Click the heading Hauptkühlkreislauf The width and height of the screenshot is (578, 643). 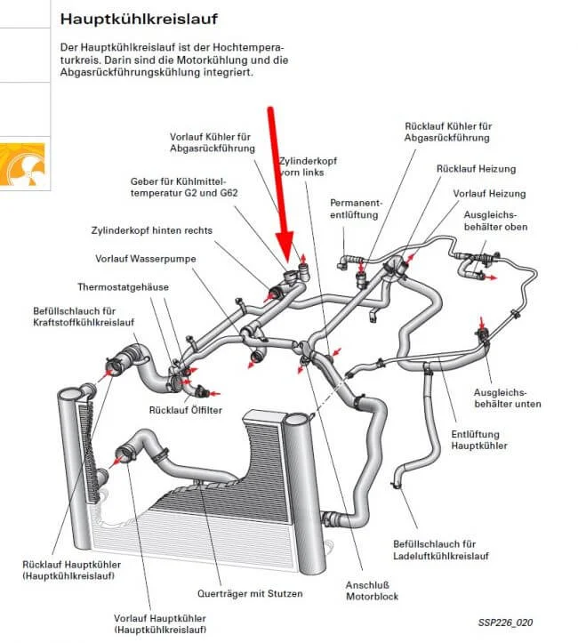pyautogui.click(x=138, y=18)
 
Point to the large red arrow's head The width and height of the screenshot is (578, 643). pyautogui.click(x=285, y=250)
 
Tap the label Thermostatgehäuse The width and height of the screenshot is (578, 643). pyautogui.click(x=123, y=287)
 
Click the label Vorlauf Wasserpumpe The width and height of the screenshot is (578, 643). pyautogui.click(x=146, y=259)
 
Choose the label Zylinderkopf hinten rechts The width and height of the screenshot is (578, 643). pyautogui.click(x=151, y=229)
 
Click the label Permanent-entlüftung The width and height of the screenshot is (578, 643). pyautogui.click(x=355, y=208)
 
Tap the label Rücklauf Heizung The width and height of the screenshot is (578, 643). pyautogui.click(x=470, y=168)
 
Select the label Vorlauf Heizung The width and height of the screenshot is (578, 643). pyautogui.click(x=489, y=193)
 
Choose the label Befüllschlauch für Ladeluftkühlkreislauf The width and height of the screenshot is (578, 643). pyautogui.click(x=441, y=551)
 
